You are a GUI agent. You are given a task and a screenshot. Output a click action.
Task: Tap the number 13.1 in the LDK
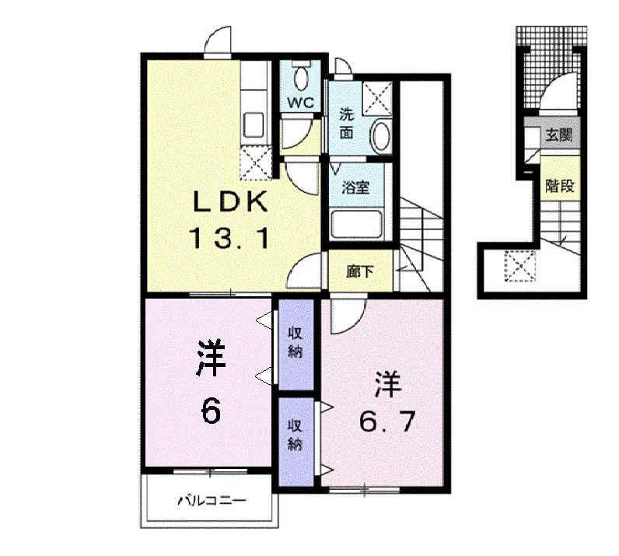[x=230, y=238]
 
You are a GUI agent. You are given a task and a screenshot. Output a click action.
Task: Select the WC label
[x=300, y=103]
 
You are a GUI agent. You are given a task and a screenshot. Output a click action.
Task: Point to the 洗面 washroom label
[x=347, y=124]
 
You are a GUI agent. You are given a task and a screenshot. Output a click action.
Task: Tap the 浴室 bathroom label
[x=355, y=187]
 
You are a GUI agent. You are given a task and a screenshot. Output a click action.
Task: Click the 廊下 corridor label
[x=359, y=271]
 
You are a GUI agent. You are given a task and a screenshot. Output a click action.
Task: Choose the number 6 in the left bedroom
[x=211, y=410]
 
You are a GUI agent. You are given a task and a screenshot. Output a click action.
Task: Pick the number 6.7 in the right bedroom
[x=386, y=421]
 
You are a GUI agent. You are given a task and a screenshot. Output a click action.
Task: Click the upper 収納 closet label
[x=295, y=342]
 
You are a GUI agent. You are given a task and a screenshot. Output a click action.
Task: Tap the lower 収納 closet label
[x=295, y=435]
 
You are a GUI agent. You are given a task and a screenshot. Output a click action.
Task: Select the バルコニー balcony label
[x=212, y=501]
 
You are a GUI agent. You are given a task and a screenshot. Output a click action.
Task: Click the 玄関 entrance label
[x=558, y=135]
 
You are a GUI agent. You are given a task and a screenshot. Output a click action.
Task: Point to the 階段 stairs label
[x=559, y=186]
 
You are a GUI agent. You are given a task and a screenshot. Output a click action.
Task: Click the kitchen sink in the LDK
[x=254, y=124]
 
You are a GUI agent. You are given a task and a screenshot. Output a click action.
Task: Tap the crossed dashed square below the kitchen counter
[x=256, y=162]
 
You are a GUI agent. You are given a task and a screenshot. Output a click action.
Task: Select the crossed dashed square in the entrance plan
[x=520, y=266]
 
